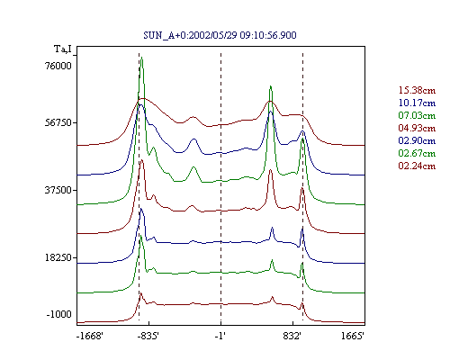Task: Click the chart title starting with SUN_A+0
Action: point(220,35)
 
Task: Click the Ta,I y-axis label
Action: point(63,49)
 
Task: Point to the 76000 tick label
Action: point(58,66)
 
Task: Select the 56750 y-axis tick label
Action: point(58,122)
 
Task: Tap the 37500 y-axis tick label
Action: point(58,190)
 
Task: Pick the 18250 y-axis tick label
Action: point(58,257)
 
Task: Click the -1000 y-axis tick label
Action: point(59,314)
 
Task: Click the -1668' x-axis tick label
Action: point(90,336)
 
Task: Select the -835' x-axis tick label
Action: point(148,336)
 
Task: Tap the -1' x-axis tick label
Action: point(220,336)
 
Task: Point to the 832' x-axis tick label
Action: point(292,336)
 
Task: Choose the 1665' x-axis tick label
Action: point(353,336)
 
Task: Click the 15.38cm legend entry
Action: point(417,90)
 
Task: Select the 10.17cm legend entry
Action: point(417,103)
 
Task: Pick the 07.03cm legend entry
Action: point(417,115)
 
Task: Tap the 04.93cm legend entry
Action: point(417,128)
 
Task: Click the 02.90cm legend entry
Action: point(417,140)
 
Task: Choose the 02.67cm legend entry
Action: point(417,153)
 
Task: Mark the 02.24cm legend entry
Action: point(417,166)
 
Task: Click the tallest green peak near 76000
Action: point(141,58)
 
